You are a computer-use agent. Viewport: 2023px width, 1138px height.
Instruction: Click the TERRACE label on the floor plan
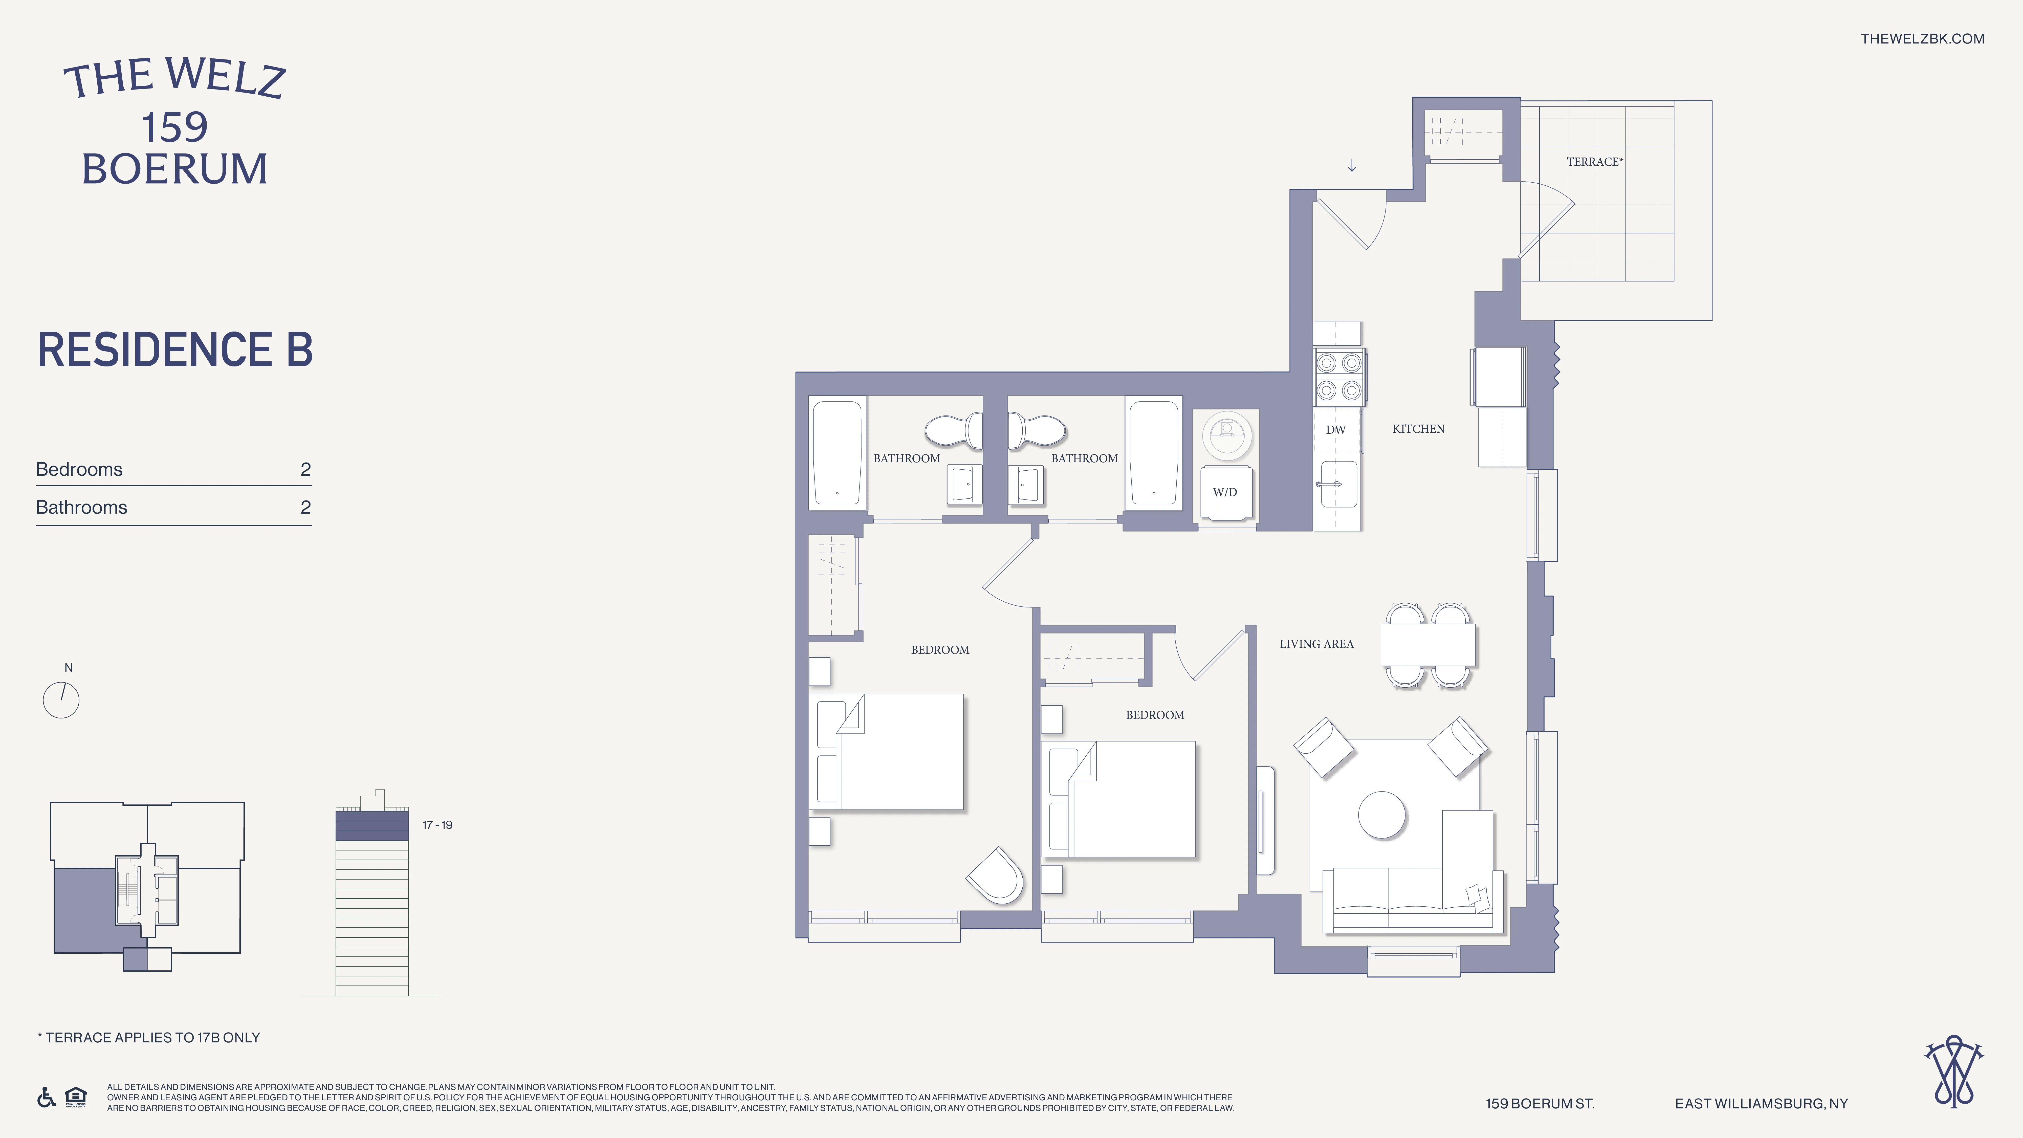click(1593, 162)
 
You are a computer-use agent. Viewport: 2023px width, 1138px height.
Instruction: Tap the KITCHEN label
click(1418, 429)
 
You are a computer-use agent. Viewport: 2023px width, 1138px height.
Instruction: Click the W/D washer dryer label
click(1224, 492)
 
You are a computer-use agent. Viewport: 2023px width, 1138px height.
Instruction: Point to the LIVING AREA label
click(1316, 644)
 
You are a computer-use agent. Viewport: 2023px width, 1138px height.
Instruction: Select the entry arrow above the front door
click(1352, 166)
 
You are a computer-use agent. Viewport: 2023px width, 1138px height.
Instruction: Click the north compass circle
click(61, 700)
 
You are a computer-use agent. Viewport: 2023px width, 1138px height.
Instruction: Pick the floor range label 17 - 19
click(437, 825)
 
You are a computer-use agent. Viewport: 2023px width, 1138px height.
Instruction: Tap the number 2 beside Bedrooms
click(305, 470)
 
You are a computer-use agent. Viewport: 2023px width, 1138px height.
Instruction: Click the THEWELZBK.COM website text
click(1922, 38)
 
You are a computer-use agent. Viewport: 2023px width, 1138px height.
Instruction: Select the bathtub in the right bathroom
click(1153, 453)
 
